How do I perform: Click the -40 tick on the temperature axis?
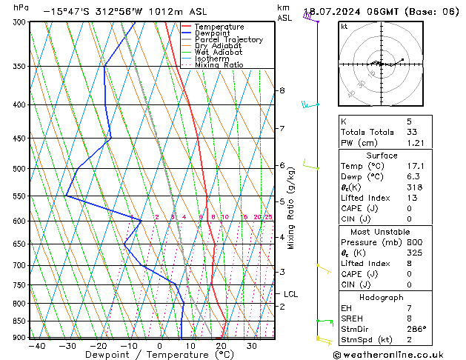(x=36, y=346)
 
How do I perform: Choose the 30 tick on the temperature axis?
(x=252, y=346)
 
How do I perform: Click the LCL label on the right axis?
(x=290, y=294)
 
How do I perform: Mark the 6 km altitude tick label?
(x=282, y=165)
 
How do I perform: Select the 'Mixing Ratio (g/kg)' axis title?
(x=291, y=208)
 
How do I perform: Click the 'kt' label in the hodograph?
(x=344, y=26)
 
